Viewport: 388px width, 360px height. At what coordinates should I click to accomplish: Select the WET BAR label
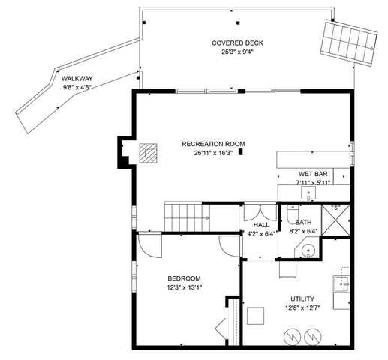point(312,173)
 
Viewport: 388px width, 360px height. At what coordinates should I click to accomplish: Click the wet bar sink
point(308,193)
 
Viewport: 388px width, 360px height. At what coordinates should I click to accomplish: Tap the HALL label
point(261,224)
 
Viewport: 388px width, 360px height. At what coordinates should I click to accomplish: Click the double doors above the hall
point(254,211)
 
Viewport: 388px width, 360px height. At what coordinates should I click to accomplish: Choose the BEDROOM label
point(183,278)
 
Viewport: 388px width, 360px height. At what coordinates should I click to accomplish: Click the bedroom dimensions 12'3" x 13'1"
point(184,287)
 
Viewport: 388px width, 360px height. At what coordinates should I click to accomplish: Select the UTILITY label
point(293,298)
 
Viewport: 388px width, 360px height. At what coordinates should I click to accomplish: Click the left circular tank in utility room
point(289,335)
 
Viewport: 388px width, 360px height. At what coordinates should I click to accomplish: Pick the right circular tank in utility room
point(312,335)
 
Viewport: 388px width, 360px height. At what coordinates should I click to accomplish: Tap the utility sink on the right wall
point(341,283)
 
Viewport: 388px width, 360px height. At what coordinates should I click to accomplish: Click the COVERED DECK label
point(236,43)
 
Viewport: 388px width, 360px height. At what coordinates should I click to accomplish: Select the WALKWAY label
point(76,77)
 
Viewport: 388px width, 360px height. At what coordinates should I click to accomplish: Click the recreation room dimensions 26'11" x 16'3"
point(212,153)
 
